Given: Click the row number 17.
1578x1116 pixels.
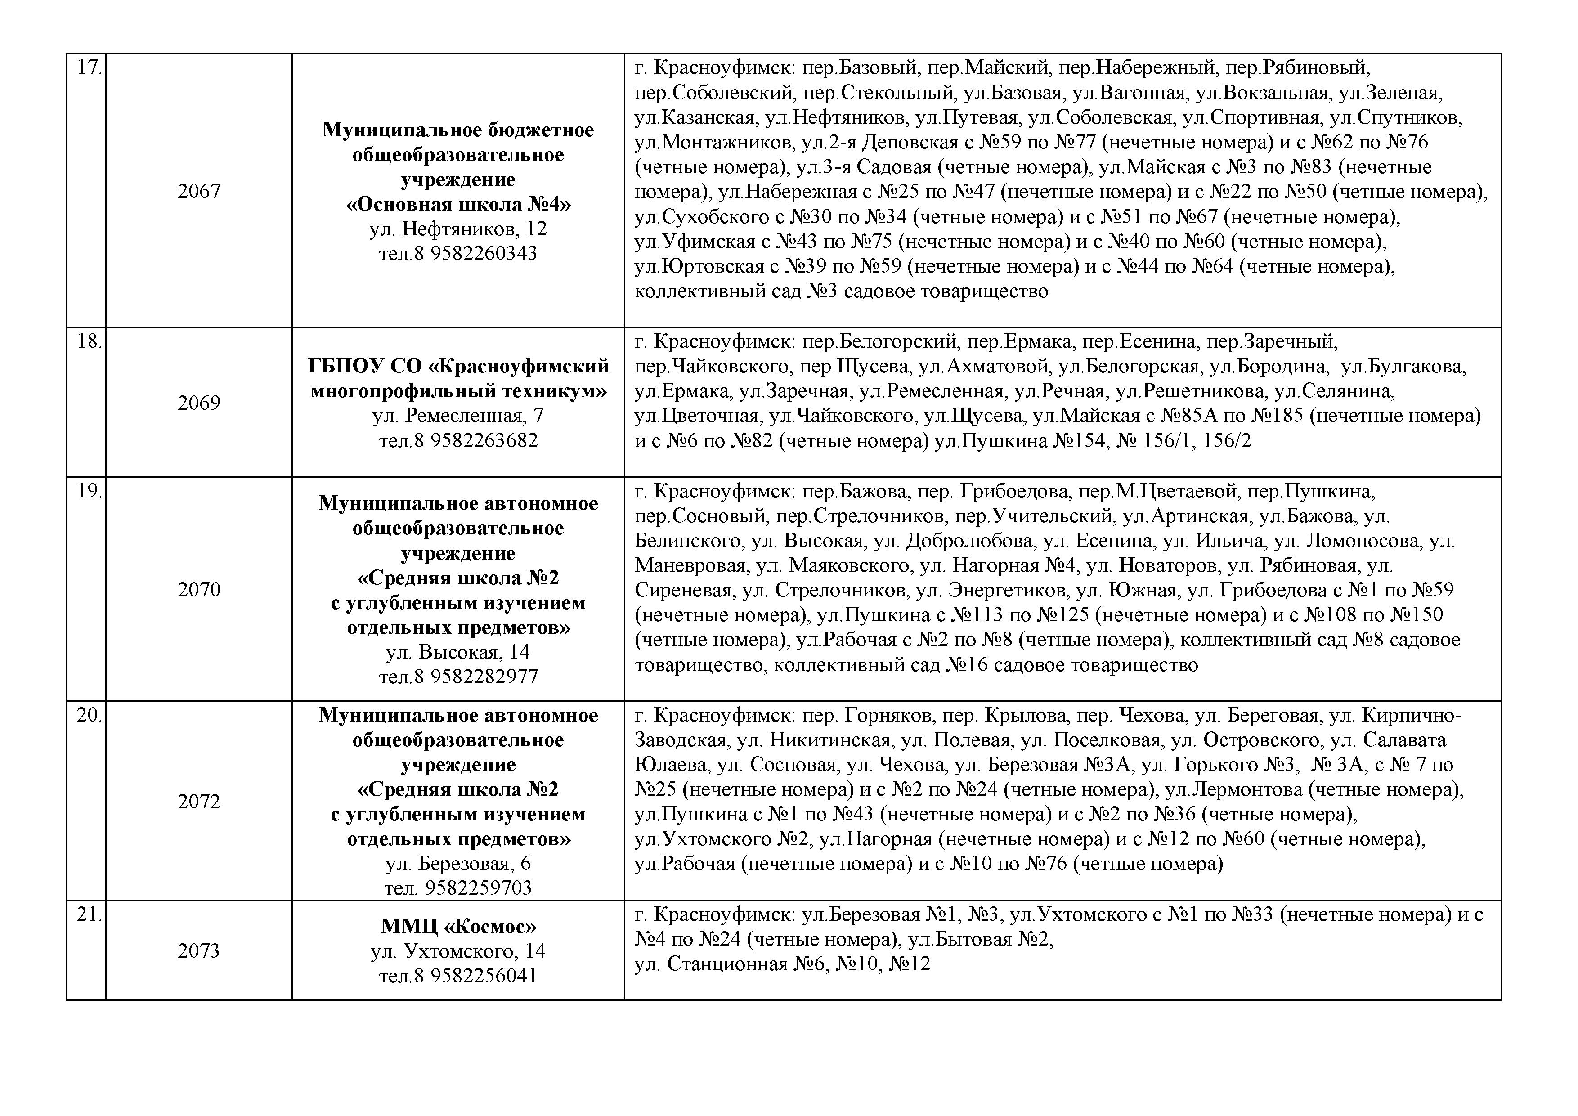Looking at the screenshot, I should coord(89,68).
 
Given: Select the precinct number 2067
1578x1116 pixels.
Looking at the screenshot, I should coord(199,191).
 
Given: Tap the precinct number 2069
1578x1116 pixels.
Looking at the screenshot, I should coord(199,403).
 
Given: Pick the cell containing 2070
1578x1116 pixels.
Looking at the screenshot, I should coord(199,590).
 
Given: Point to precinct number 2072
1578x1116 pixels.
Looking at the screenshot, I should coord(199,801).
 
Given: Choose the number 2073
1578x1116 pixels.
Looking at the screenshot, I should coord(199,951).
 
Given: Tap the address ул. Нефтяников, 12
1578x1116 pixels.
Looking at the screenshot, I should coord(458,229).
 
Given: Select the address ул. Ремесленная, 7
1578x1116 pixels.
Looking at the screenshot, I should coord(458,416).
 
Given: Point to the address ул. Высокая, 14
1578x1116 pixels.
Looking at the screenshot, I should coord(458,652).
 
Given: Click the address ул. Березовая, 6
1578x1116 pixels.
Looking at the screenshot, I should coord(458,864).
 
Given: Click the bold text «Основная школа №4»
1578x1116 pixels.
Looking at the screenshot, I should coord(458,204).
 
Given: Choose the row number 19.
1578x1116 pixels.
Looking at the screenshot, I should coord(89,491).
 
